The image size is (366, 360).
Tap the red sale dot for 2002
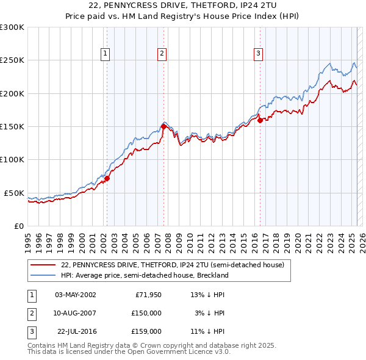click(x=107, y=179)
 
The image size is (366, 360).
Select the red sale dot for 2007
click(x=163, y=127)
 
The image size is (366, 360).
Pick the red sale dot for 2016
click(x=260, y=121)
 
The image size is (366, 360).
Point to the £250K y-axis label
click(x=12, y=60)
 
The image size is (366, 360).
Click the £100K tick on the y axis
click(x=12, y=160)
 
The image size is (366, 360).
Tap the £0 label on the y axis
click(x=19, y=226)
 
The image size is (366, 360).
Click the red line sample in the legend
click(x=43, y=265)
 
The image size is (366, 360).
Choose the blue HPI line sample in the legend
click(x=43, y=275)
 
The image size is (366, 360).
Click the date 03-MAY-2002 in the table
click(x=76, y=295)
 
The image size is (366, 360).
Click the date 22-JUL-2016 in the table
click(x=76, y=331)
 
